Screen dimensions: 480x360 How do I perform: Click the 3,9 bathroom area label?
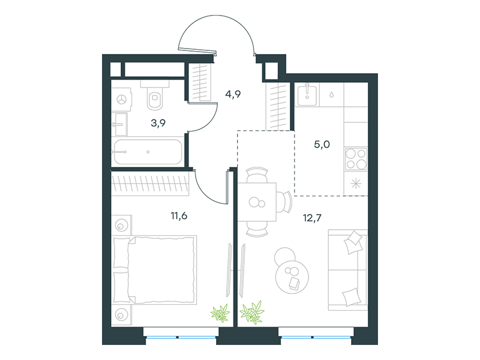pos(158,123)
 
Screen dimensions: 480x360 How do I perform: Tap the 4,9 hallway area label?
pos(233,94)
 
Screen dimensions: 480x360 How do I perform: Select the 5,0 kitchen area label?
pos(322,144)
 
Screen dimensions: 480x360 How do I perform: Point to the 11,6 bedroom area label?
pos(179,216)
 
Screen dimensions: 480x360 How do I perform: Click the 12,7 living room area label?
pos(312,218)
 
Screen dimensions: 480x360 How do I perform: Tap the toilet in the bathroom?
pos(155,95)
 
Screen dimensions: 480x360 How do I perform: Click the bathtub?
pos(148,152)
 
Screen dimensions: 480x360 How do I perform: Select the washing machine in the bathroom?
pos(122,99)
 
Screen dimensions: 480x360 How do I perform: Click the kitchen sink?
pos(307,95)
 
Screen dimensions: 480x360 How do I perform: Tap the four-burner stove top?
pos(356,158)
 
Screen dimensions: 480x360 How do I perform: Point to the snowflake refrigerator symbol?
pos(356,184)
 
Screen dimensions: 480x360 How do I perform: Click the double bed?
pos(154,269)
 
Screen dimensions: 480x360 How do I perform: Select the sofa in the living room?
pos(348,270)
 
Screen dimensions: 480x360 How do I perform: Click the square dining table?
pos(257,202)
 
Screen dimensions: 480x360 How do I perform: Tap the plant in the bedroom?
pos(220,313)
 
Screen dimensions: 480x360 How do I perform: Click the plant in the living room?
pos(252,312)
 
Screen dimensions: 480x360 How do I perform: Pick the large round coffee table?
pos(292,277)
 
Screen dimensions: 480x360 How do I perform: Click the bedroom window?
pos(181,337)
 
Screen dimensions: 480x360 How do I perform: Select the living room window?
pos(316,337)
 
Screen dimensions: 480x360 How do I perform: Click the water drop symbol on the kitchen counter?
pos(332,95)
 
